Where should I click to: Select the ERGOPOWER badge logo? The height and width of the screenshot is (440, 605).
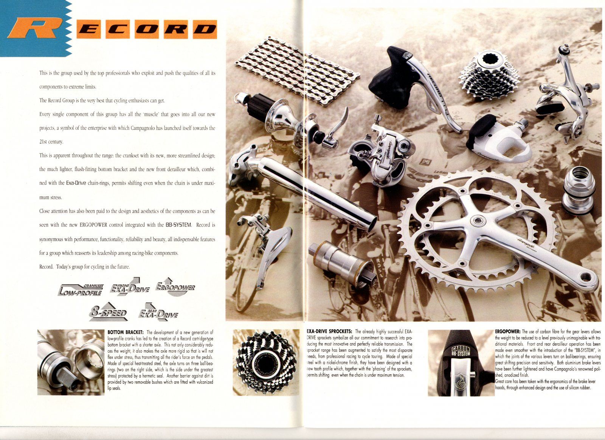click(x=175, y=287)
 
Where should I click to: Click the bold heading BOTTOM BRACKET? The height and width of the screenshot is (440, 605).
click(x=126, y=332)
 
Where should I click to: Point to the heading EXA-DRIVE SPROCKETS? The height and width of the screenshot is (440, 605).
click(x=329, y=331)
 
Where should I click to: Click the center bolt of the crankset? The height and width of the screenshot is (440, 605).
click(x=478, y=220)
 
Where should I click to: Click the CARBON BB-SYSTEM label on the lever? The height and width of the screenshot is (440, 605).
click(x=461, y=351)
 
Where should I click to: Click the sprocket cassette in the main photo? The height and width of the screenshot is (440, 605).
click(x=489, y=76)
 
